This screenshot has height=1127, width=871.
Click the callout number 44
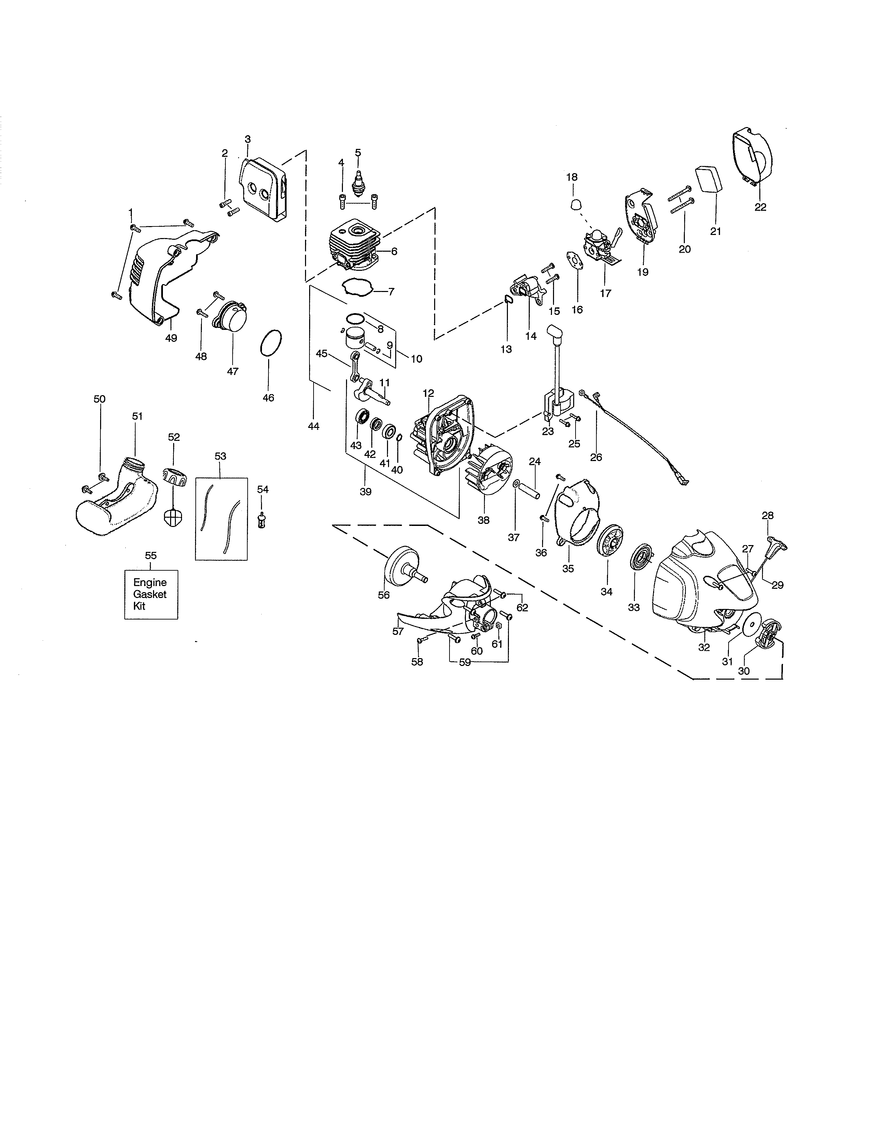[x=313, y=426]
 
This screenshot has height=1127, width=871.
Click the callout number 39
[x=365, y=492]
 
